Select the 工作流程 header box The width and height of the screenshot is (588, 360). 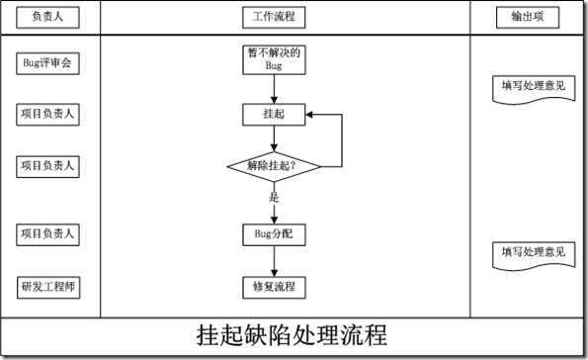point(274,18)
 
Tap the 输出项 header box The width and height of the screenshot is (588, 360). point(534,18)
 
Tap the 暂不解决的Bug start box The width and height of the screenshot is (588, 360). point(274,58)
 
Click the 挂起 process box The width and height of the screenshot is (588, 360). point(274,114)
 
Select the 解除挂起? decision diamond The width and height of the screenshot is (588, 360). point(274,165)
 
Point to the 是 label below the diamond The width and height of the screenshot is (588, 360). point(274,197)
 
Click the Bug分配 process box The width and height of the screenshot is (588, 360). point(274,234)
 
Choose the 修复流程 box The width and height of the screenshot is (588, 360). point(274,287)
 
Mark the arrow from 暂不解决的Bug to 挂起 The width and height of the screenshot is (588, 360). point(274,89)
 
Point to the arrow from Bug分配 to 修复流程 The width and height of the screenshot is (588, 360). point(274,261)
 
